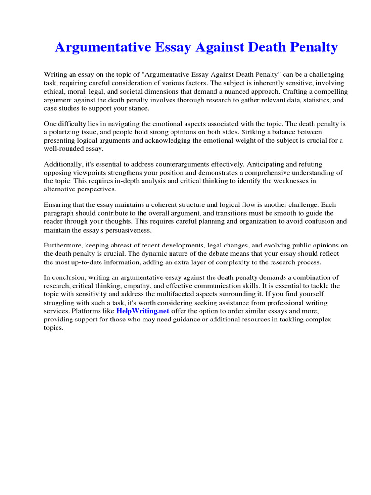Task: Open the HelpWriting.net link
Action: click(143, 311)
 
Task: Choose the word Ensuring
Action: click(58, 205)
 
